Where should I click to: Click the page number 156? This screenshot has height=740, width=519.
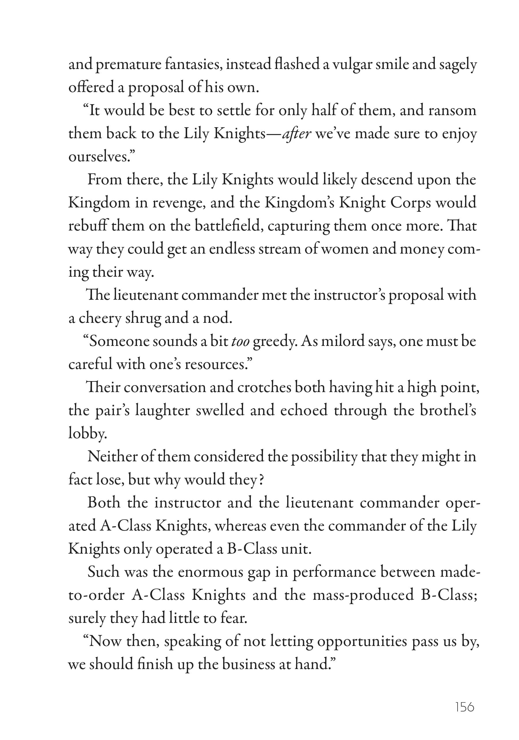coord(465,707)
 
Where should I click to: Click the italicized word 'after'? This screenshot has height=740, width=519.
coord(297,134)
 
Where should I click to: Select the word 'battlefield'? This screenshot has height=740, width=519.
coord(229,226)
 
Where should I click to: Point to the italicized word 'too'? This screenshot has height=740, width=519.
coord(240,341)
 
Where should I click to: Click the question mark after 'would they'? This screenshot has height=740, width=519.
coord(261,480)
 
